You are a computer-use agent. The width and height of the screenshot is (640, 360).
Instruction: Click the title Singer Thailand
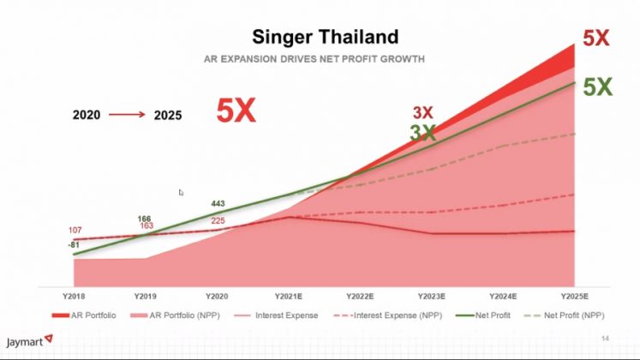(325, 37)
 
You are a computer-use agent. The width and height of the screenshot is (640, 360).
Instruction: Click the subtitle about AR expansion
(314, 59)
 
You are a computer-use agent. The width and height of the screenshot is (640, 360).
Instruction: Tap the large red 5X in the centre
(236, 111)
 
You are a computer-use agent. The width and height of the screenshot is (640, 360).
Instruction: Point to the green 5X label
(596, 87)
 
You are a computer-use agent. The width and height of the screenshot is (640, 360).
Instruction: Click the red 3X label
(422, 112)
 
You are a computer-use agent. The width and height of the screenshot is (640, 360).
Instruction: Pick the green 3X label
(422, 133)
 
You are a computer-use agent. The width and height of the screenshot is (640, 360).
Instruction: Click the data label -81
(74, 245)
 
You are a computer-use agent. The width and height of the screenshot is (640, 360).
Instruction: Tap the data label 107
(75, 231)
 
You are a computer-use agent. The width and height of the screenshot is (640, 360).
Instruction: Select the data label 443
(218, 204)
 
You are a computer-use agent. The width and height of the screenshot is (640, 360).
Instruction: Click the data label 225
(218, 220)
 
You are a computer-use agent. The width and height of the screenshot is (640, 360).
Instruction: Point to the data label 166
(145, 219)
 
